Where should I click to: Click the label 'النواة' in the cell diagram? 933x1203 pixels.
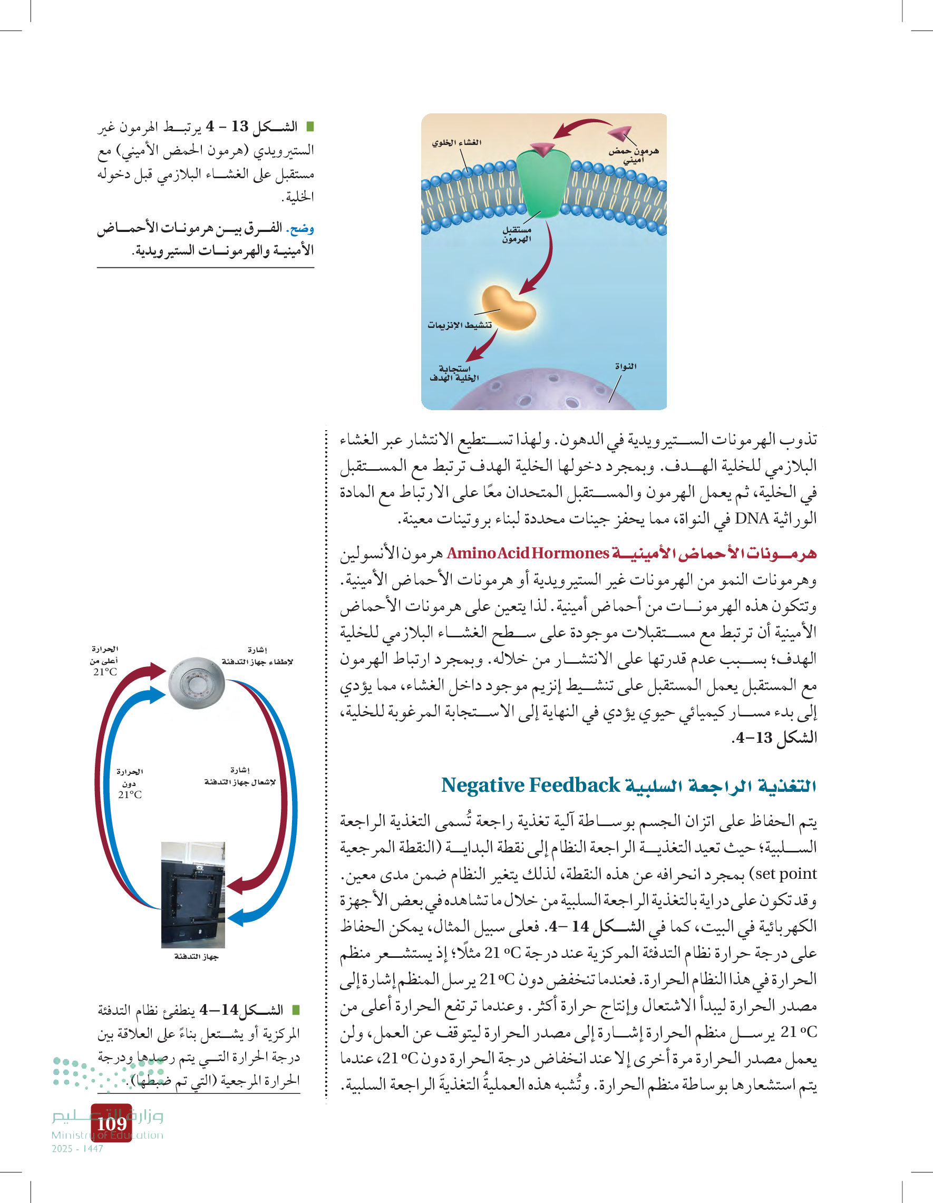coord(626,366)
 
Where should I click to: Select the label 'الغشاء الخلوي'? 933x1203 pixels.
coord(456,143)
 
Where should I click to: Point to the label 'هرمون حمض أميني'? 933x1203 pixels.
coord(634,156)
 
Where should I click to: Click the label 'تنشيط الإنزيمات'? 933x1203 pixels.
coord(459,325)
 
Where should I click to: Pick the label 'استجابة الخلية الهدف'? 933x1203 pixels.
coord(454,373)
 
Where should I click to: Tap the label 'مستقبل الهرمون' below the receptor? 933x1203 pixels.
coord(517,234)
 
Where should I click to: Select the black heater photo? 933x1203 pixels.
coord(193,895)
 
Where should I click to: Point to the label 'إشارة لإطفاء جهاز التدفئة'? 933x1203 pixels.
coord(257,656)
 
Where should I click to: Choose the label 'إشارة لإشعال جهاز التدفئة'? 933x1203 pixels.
coord(240,776)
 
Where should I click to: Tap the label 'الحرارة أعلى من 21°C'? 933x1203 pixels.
coord(105,661)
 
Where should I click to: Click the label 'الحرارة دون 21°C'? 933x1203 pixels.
coord(130,783)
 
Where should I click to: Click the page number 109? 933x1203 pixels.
coord(111,1123)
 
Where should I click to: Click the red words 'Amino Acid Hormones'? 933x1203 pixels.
coord(528,553)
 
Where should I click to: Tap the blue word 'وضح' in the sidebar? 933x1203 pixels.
coord(303,228)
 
